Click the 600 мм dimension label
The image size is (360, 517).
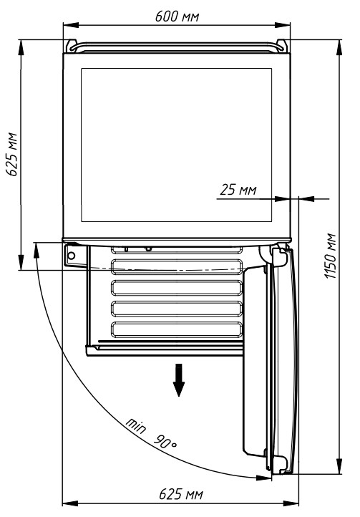pyautogui.click(x=177, y=16)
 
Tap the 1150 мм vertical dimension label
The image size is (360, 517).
pyautogui.click(x=330, y=256)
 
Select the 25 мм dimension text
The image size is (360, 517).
pyautogui.click(x=238, y=190)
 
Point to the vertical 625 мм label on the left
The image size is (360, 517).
pyautogui.click(x=12, y=154)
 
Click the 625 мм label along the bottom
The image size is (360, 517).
pyautogui.click(x=181, y=494)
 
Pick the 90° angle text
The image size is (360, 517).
pyautogui.click(x=165, y=442)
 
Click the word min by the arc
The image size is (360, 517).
pyautogui.click(x=135, y=425)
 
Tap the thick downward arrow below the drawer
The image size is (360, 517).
pyautogui.click(x=179, y=380)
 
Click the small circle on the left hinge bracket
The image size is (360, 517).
pyautogui.click(x=71, y=256)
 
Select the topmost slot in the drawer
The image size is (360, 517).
pyautogui.click(x=177, y=250)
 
